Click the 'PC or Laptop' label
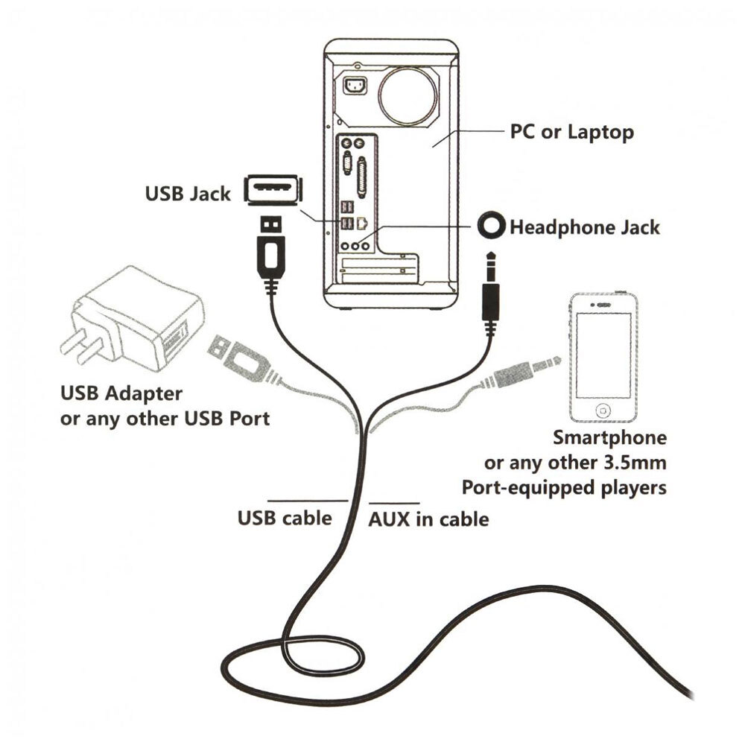[x=571, y=132]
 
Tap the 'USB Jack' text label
[x=188, y=194]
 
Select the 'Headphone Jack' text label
[x=584, y=227]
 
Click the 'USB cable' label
[x=285, y=518]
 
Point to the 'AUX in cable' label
[x=428, y=519]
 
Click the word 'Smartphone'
[x=609, y=437]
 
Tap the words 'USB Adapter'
[x=121, y=393]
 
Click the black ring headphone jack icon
[x=491, y=225]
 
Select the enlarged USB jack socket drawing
[x=273, y=189]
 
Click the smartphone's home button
[x=603, y=410]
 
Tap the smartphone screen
[x=603, y=355]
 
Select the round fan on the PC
[x=408, y=96]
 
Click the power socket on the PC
[x=355, y=86]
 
